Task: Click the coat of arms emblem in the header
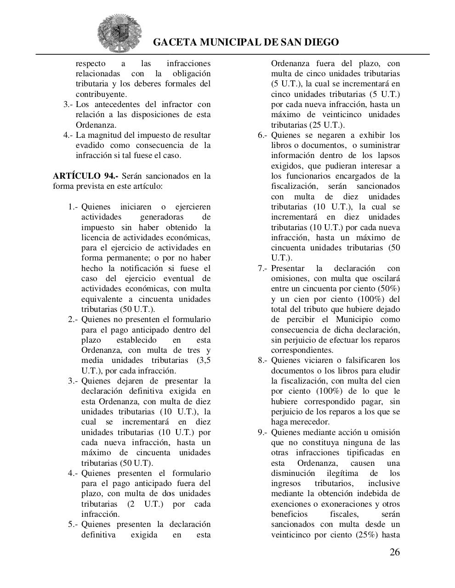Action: pyautogui.click(x=119, y=33)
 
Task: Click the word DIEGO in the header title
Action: pyautogui.click(x=320, y=42)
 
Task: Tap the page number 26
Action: pyautogui.click(x=394, y=552)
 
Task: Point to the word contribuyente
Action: pyautogui.click(x=101, y=94)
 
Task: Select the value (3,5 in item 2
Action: pyautogui.click(x=204, y=361)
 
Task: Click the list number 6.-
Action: pyautogui.click(x=262, y=135)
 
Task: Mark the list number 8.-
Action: pyautogui.click(x=262, y=360)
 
